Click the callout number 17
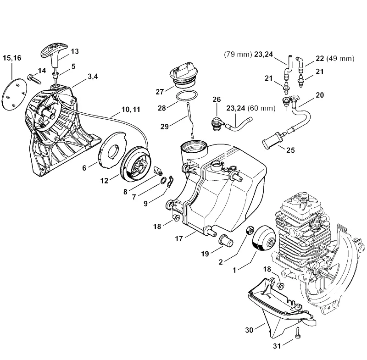tap(179, 238)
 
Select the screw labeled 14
tap(34, 79)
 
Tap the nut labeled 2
tap(249, 230)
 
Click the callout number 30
tap(249, 330)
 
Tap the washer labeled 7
tap(163, 181)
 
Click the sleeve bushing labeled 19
tap(226, 239)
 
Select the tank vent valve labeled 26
tap(217, 120)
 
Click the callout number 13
tap(75, 51)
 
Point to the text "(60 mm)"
tap(261, 108)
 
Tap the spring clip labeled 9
tap(170, 181)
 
